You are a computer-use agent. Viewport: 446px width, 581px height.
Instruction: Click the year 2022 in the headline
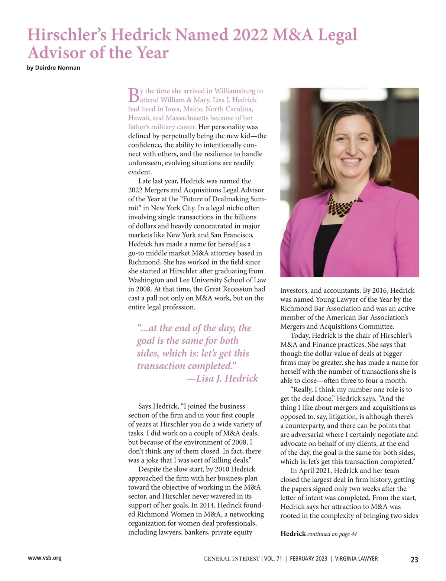250,35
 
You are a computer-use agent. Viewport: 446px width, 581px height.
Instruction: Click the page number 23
414,559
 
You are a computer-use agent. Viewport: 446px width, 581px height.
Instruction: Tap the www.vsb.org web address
45,558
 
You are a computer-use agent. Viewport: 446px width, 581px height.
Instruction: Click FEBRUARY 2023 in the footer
308,559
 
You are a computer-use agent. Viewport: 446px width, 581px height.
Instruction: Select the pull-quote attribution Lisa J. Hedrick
227,379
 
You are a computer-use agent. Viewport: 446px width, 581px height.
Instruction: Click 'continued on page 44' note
332,534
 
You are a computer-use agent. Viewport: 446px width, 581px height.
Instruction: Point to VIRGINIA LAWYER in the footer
356,559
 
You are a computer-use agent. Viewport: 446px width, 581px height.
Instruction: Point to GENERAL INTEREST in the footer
231,559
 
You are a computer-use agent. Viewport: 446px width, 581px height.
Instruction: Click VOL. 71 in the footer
273,559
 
